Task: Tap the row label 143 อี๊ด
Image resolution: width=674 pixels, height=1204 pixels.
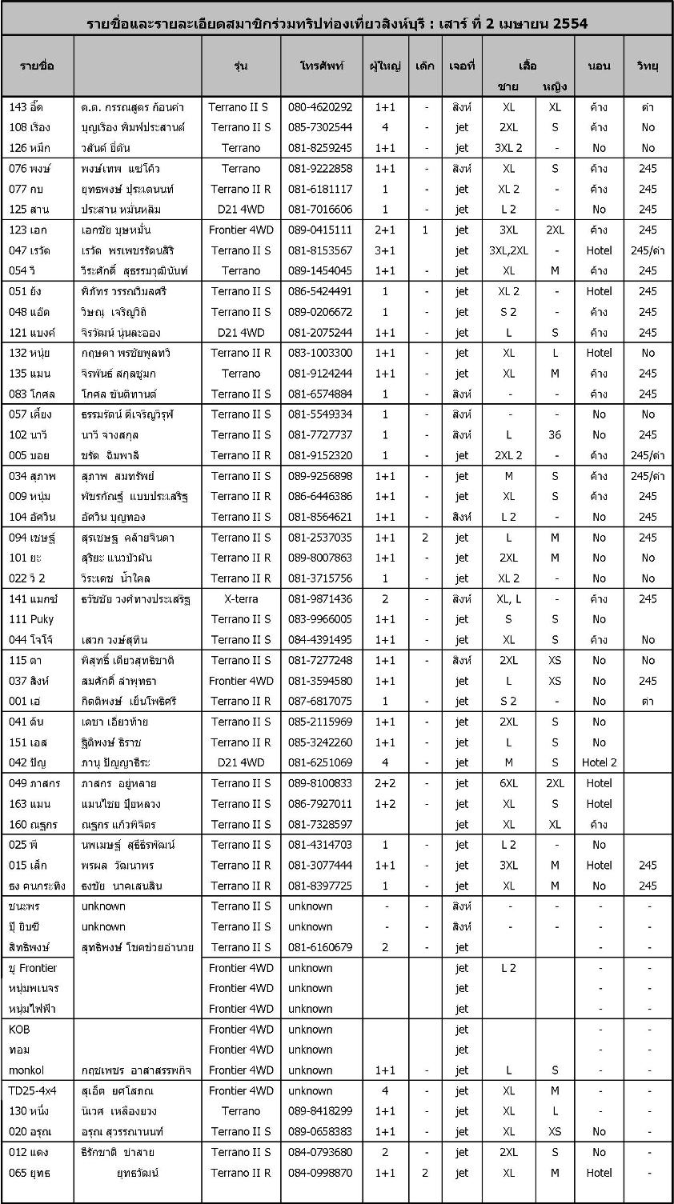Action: click(28, 107)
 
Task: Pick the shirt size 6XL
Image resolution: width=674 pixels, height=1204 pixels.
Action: click(508, 783)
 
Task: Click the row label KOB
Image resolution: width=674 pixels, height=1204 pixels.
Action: click(19, 1030)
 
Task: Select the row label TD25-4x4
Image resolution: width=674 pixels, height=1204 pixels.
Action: click(33, 1090)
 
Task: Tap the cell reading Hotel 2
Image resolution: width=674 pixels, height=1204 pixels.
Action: click(599, 762)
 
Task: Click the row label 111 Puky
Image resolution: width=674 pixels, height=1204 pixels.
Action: click(31, 619)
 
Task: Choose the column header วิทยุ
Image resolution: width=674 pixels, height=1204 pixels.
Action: click(648, 66)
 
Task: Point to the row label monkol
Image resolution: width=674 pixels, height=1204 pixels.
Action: click(26, 1070)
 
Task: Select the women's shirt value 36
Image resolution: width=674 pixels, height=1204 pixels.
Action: click(555, 435)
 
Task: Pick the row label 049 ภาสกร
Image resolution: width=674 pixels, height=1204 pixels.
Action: click(34, 783)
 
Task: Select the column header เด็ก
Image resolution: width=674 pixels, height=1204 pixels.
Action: click(425, 66)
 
